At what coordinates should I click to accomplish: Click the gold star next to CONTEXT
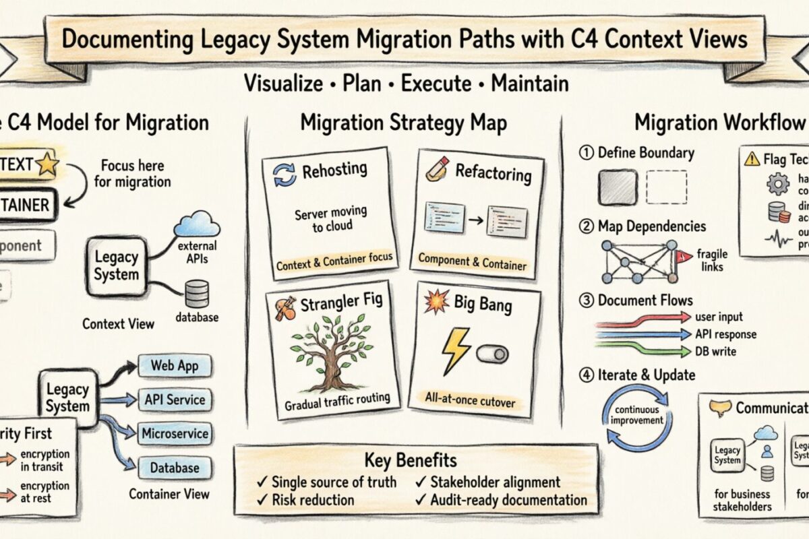(x=47, y=164)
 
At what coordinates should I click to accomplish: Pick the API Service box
(x=175, y=399)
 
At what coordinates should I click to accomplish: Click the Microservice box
(x=175, y=433)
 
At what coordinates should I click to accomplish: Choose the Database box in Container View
(x=175, y=467)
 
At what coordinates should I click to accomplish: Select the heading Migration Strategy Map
(x=403, y=123)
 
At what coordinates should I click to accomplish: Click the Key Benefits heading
(x=411, y=460)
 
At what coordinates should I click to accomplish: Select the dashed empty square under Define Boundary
(x=666, y=187)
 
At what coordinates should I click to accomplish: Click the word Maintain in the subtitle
(x=530, y=84)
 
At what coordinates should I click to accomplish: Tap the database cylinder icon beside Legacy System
(x=196, y=294)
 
